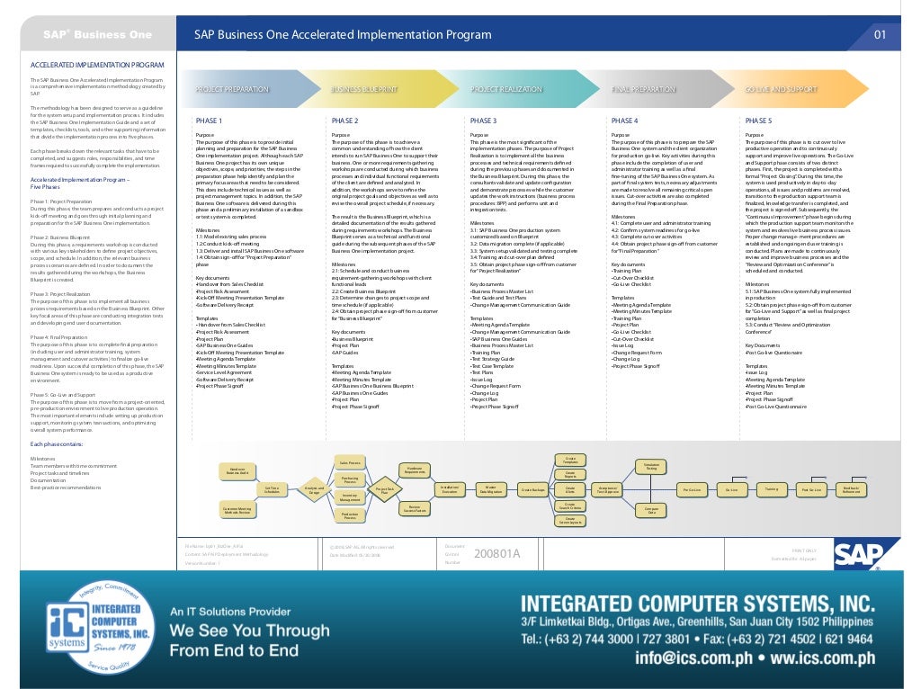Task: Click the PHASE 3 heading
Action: [483, 120]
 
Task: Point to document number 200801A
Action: [496, 553]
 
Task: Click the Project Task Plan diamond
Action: [384, 490]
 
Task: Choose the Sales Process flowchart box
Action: [350, 462]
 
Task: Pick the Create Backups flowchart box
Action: [533, 489]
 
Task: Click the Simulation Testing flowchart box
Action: [651, 466]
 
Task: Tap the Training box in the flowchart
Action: [771, 489]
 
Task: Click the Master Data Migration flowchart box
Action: [490, 489]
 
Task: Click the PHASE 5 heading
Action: [758, 120]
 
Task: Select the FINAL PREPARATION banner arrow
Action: [644, 90]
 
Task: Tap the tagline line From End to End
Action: [235, 649]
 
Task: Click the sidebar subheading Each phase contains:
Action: [58, 444]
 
